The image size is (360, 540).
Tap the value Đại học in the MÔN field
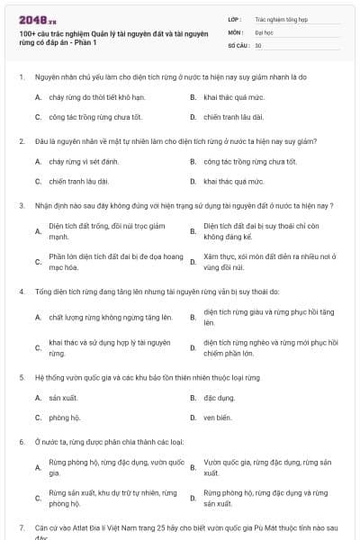[264, 31]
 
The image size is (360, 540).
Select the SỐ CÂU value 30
[258, 45]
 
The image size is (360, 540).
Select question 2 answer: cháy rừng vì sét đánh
[84, 161]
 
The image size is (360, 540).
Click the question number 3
[21, 205]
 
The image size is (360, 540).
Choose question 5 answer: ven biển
[217, 418]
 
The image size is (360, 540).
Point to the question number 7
[21, 526]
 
